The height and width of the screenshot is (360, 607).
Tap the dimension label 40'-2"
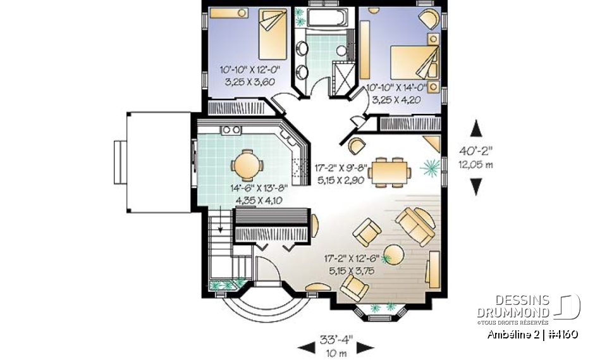click(x=477, y=151)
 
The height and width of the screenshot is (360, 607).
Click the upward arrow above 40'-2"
click(x=477, y=129)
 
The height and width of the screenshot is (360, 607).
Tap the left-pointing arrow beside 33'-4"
click(x=307, y=347)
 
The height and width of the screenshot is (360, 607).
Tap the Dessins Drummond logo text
click(x=513, y=306)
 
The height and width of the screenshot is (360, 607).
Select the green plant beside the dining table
click(x=430, y=168)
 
